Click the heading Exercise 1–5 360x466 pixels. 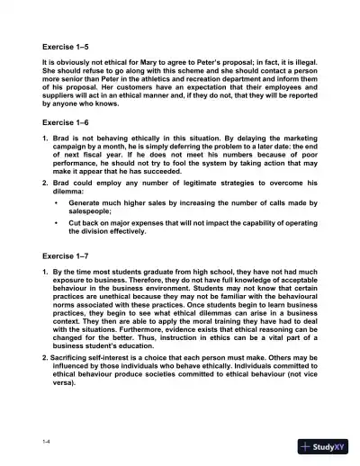[x=67, y=45]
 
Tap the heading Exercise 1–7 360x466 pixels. [x=67, y=254]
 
